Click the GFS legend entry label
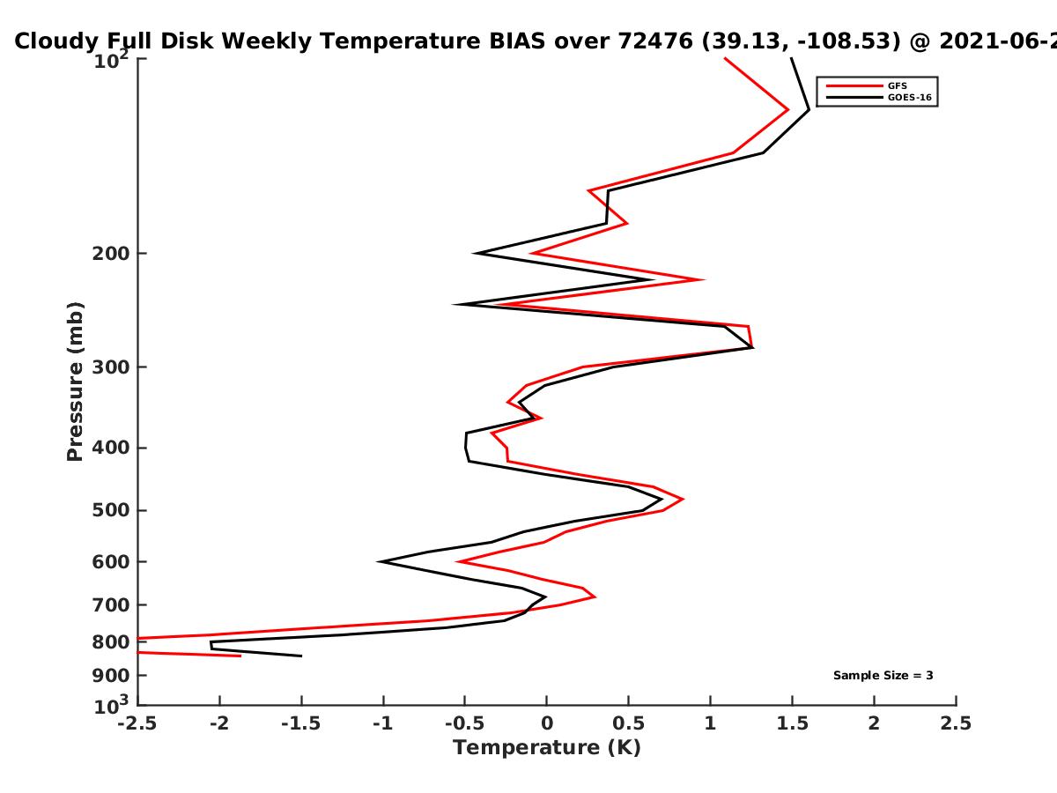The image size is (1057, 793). (x=897, y=86)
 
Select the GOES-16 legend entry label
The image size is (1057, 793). (x=910, y=98)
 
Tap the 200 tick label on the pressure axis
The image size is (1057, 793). (x=111, y=254)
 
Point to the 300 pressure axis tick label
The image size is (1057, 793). (x=111, y=367)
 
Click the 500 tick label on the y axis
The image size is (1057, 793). (x=111, y=510)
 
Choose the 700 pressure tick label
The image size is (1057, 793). (x=111, y=605)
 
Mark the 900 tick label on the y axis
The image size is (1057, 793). (x=111, y=676)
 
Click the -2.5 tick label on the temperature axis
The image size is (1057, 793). (x=137, y=723)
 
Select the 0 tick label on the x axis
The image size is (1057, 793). (x=547, y=723)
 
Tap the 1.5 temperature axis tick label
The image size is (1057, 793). (x=792, y=723)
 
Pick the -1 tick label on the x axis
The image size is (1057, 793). (x=383, y=723)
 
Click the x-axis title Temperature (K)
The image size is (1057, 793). (x=547, y=748)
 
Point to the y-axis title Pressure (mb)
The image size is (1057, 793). (x=75, y=382)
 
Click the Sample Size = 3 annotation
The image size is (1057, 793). (x=883, y=676)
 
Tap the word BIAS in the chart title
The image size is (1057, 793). (x=518, y=41)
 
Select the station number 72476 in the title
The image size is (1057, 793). (x=655, y=41)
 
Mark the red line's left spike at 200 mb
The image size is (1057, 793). (x=532, y=253)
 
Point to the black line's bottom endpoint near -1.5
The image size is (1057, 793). (x=301, y=656)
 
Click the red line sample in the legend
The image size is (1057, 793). (x=854, y=86)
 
